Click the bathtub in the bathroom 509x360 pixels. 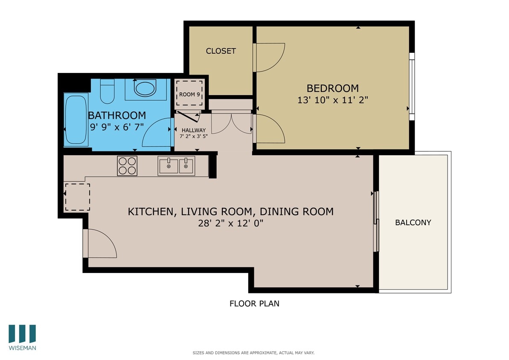click(x=76, y=120)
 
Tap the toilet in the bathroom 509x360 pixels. click(x=107, y=91)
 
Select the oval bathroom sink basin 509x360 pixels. click(x=145, y=89)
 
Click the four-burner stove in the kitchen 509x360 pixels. click(x=127, y=166)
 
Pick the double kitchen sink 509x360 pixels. click(x=177, y=165)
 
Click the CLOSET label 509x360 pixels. click(x=221, y=51)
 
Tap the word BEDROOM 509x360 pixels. click(x=332, y=88)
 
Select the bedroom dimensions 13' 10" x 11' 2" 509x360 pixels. click(x=332, y=100)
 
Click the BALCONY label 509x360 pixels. click(x=413, y=222)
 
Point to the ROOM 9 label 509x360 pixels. click(x=189, y=94)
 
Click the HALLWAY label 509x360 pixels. click(x=193, y=130)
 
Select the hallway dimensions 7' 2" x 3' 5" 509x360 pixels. click(x=193, y=136)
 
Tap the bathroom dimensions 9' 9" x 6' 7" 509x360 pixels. click(x=116, y=127)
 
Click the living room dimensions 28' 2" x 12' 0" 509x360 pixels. click(x=230, y=224)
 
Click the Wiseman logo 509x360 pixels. click(x=22, y=337)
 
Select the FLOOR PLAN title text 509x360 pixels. click(x=254, y=304)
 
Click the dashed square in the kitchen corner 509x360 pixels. click(x=77, y=197)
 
